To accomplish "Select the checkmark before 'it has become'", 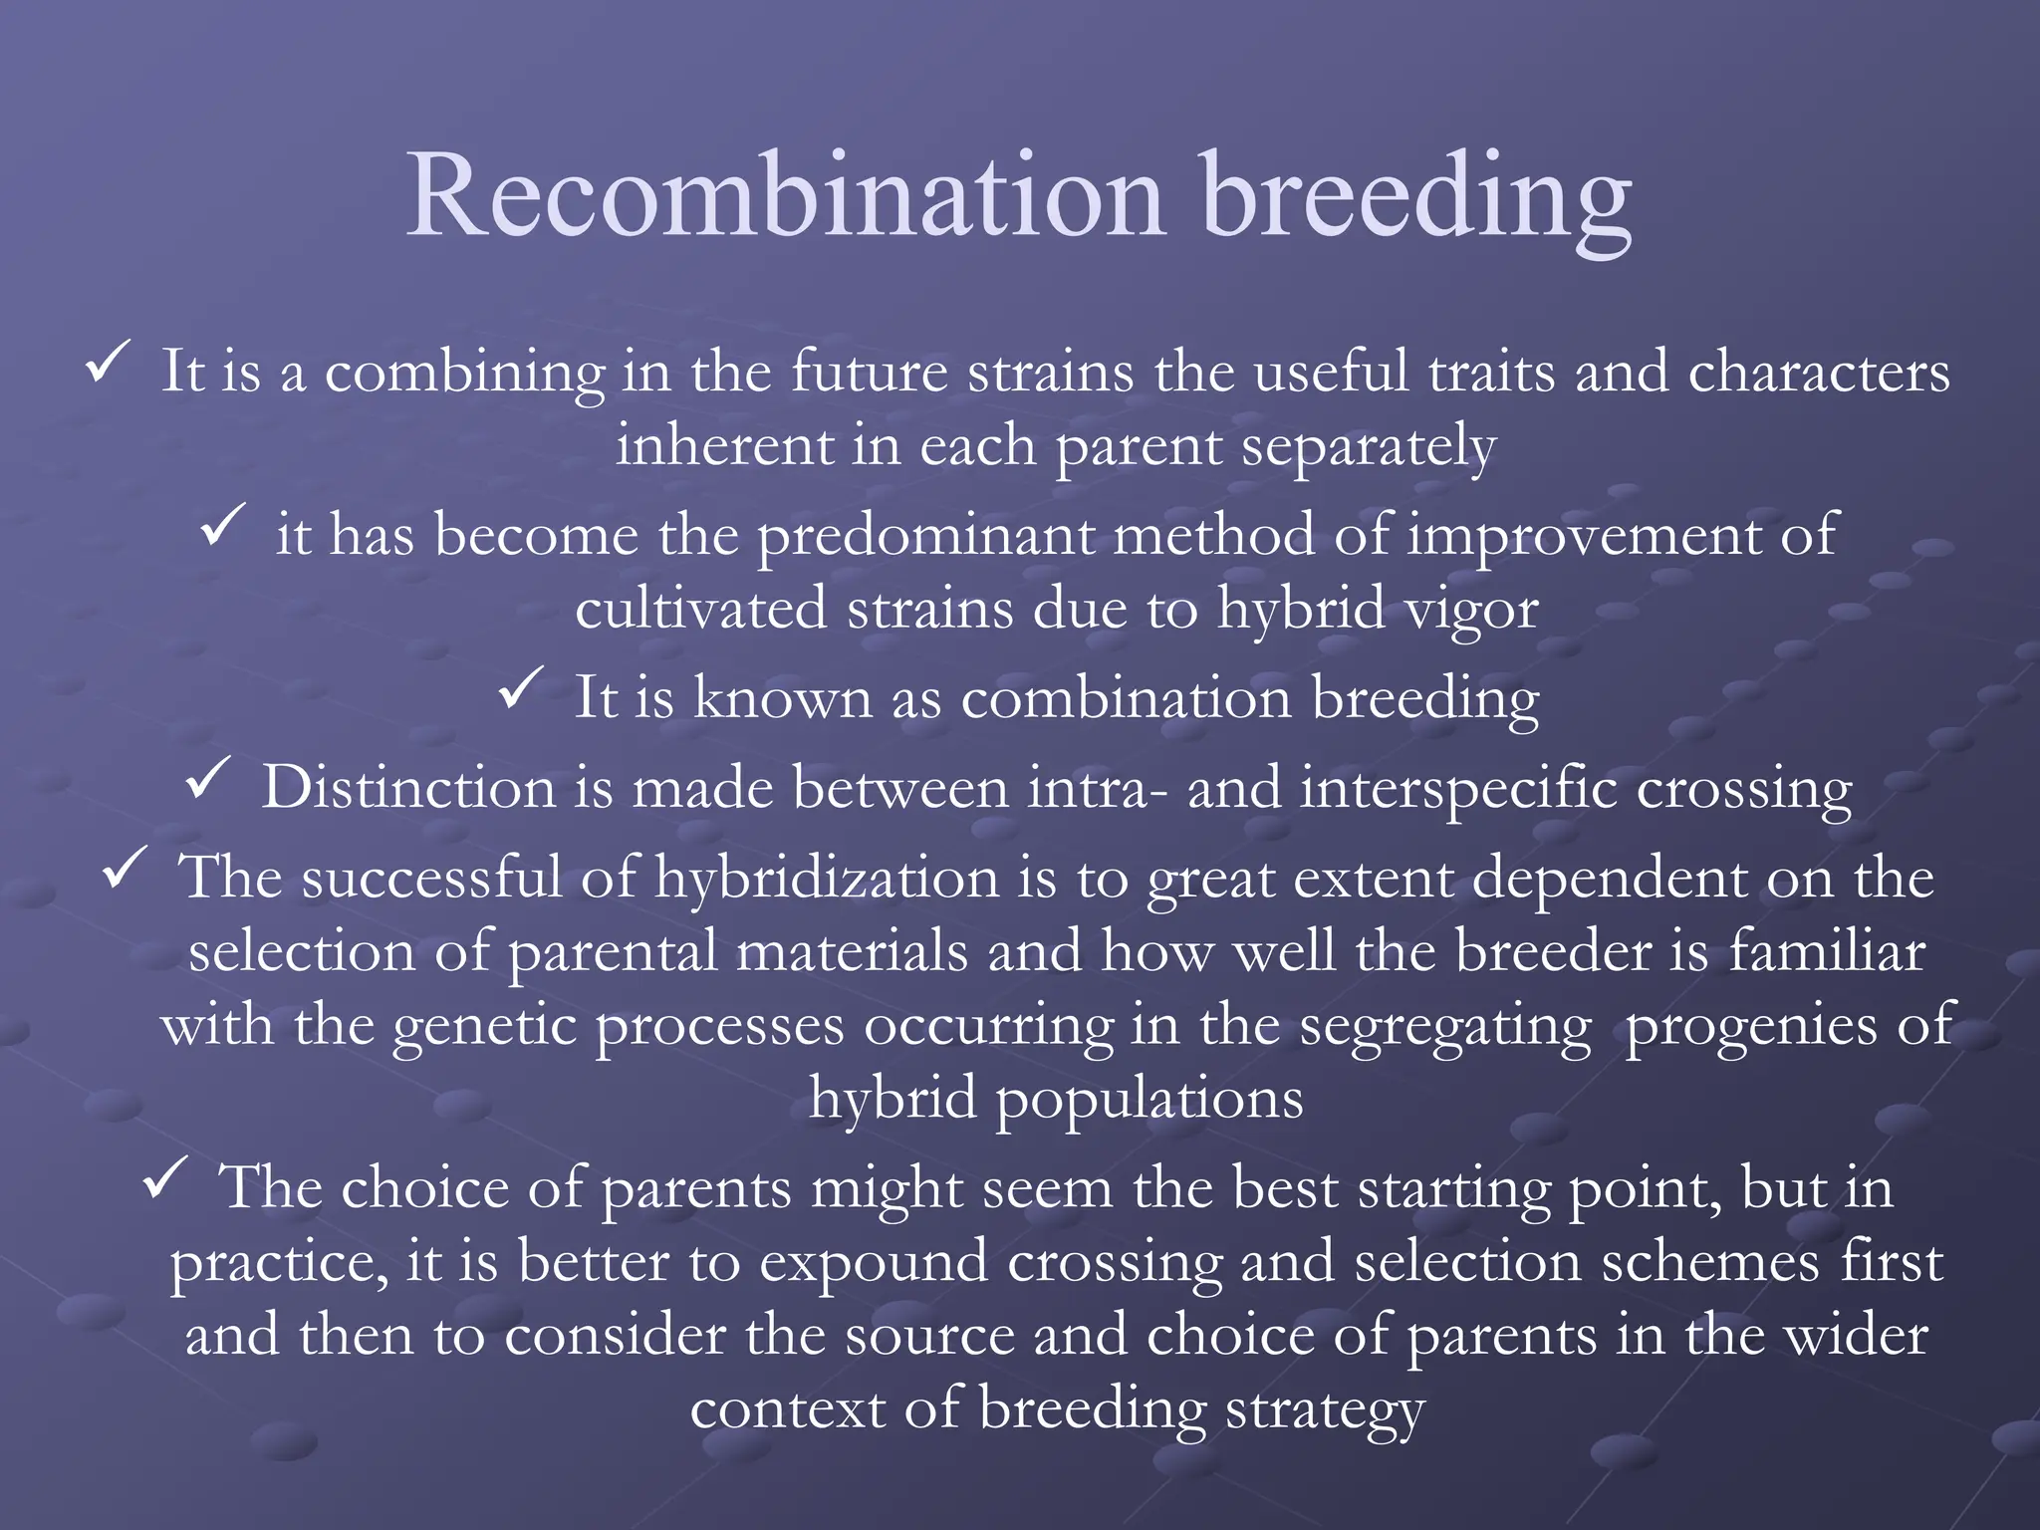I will coord(223,525).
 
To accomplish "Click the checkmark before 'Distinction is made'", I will coord(208,778).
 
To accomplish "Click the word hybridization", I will coord(826,880).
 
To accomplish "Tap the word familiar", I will coord(1826,952).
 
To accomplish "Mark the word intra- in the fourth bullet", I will coord(1097,789).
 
